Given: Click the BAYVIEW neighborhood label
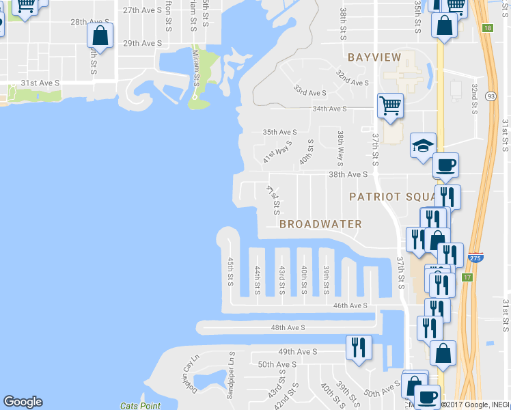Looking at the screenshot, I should [374, 57].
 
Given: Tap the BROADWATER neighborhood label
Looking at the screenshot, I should [320, 223].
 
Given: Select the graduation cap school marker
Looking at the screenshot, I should [423, 145].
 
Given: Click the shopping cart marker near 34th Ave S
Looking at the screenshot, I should [390, 106].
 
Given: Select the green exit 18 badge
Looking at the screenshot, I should [486, 28].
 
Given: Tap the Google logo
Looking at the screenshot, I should [23, 402].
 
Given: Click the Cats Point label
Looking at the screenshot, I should [140, 406].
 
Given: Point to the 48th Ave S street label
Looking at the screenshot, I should [288, 328].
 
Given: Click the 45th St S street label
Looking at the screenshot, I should [231, 272].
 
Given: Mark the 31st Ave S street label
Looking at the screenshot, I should [40, 83].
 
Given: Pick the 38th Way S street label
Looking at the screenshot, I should [340, 149].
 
